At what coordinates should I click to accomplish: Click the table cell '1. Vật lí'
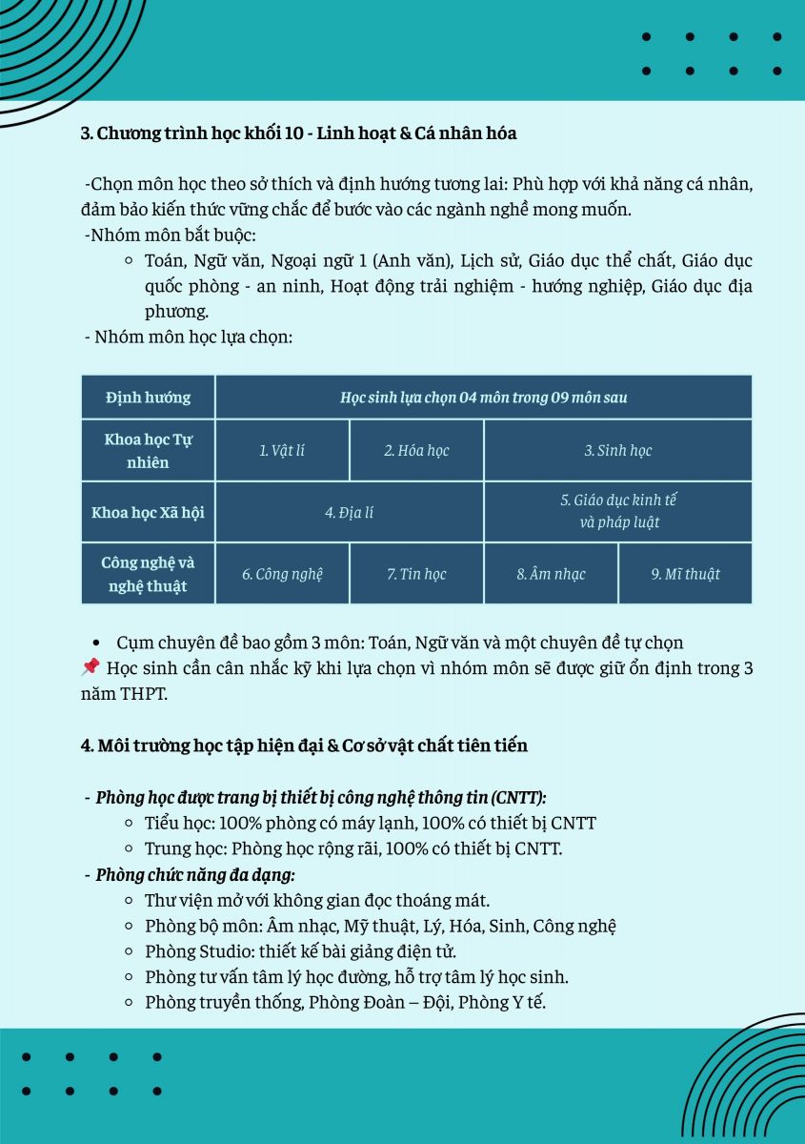click(x=282, y=450)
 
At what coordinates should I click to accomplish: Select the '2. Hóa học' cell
click(x=416, y=450)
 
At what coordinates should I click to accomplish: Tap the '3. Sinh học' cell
click(x=617, y=450)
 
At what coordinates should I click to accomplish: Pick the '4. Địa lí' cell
click(x=349, y=512)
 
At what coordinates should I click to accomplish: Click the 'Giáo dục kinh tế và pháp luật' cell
click(x=618, y=511)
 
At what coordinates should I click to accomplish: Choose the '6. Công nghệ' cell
click(x=282, y=574)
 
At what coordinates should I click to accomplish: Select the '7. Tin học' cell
click(x=416, y=574)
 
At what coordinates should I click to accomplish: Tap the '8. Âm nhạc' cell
click(x=551, y=574)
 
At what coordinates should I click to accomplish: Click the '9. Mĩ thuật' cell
click(x=685, y=574)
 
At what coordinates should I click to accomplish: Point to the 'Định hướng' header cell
click(x=148, y=398)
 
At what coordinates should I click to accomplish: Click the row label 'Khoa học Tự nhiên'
click(x=148, y=450)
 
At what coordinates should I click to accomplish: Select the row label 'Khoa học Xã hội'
click(x=148, y=512)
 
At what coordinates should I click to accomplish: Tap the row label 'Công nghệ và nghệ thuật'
click(x=148, y=574)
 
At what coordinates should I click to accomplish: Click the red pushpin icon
click(x=91, y=667)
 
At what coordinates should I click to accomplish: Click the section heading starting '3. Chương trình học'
click(x=298, y=133)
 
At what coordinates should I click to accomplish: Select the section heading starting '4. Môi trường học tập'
click(x=304, y=746)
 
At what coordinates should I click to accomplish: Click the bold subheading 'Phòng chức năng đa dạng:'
click(x=195, y=873)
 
